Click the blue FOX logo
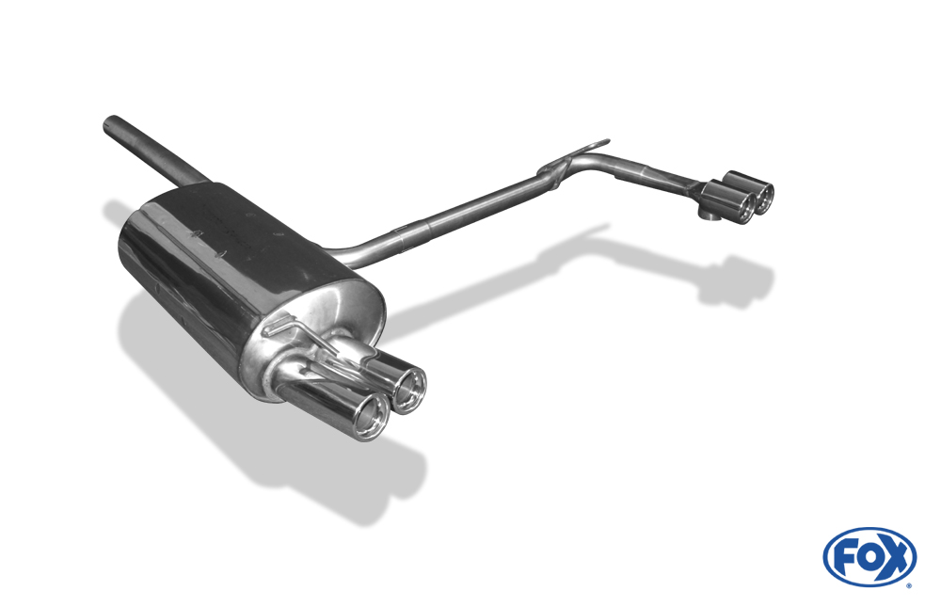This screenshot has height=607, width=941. (869, 556)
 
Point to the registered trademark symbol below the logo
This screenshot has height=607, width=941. (909, 585)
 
